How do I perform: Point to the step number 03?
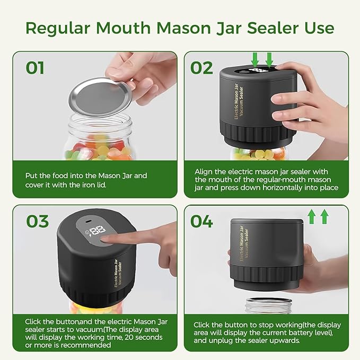pos(37,221)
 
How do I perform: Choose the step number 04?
pos(202,221)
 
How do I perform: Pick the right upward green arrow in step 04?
pos(324,216)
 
